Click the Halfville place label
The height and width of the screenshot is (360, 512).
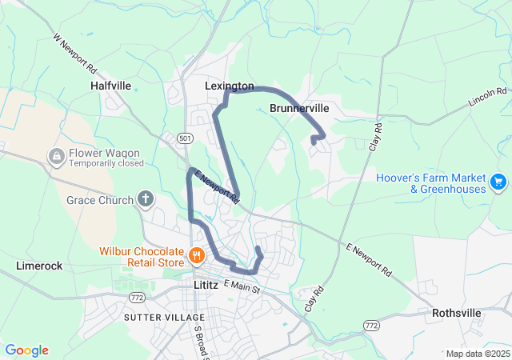click(x=110, y=85)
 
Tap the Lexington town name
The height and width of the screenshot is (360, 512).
click(x=229, y=86)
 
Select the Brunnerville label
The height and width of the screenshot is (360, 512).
click(x=299, y=108)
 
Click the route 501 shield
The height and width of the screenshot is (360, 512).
click(x=186, y=138)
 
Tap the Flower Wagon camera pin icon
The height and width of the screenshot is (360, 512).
click(x=57, y=157)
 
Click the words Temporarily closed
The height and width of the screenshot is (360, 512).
click(x=106, y=163)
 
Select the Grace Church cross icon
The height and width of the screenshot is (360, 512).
click(x=146, y=198)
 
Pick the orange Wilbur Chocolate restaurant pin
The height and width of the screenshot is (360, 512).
click(x=197, y=257)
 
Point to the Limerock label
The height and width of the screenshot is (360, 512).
click(x=40, y=265)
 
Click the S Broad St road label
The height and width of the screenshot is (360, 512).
click(x=199, y=341)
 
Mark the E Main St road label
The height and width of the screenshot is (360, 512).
click(x=242, y=286)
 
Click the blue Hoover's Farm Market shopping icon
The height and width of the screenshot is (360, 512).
click(x=498, y=182)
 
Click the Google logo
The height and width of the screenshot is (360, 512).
click(x=26, y=350)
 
